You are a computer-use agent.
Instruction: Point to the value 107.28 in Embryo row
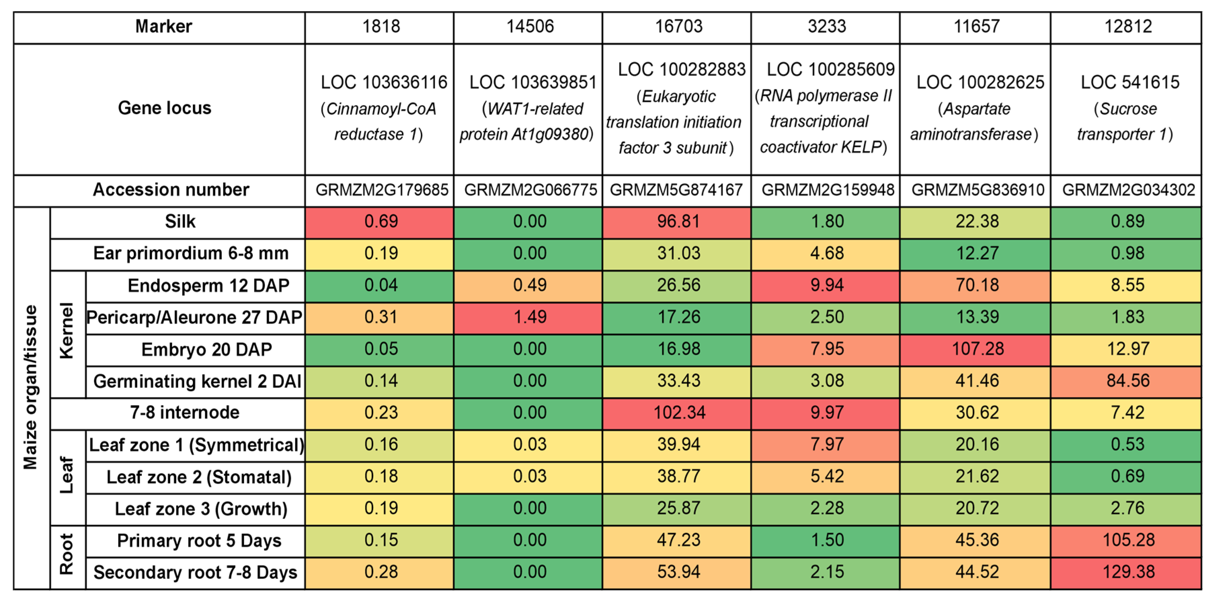pyautogui.click(x=977, y=349)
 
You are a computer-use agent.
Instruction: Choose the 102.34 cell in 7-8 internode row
pyautogui.click(x=679, y=413)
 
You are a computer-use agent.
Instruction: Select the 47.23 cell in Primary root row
pyautogui.click(x=679, y=540)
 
